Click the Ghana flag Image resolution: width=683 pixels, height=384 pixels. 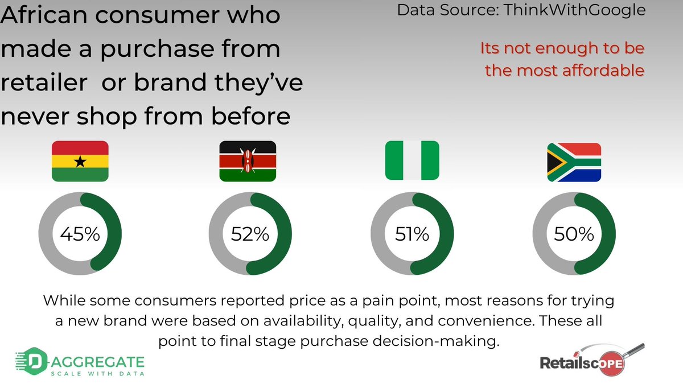80,161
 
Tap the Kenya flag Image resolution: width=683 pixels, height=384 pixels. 248,161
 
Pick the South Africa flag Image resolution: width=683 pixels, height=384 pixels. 574,162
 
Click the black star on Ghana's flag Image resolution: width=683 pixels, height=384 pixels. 80,162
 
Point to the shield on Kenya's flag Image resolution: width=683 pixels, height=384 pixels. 248,161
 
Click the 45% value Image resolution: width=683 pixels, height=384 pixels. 80,234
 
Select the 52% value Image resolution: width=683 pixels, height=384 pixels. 250,234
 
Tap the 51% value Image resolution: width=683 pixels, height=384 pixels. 412,234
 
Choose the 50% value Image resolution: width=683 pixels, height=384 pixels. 574,234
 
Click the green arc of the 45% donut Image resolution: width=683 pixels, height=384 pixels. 113,234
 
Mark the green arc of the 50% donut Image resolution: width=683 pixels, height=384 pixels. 607,234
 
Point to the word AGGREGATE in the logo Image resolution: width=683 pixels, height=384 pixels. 97,362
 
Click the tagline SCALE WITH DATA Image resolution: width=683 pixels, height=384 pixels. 97,374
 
